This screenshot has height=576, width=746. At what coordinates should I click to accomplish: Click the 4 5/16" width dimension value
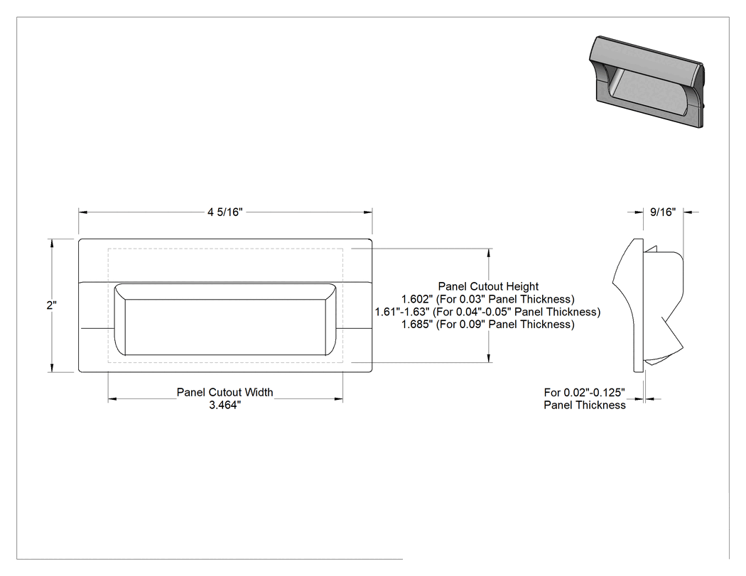[225, 212]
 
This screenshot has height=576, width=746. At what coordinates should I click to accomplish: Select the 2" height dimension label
[51, 305]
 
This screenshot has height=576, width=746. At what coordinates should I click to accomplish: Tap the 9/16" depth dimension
[663, 212]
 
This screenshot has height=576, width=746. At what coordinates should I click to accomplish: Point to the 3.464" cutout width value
[225, 406]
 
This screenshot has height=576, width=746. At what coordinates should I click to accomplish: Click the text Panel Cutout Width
[225, 392]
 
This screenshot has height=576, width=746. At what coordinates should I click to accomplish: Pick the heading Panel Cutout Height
[488, 286]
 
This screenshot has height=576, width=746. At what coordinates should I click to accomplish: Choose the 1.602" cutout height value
[417, 299]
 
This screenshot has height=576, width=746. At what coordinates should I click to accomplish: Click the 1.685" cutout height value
[417, 325]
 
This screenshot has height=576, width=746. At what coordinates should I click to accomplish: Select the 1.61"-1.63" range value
[402, 312]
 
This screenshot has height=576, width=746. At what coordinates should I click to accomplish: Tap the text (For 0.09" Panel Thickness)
[505, 325]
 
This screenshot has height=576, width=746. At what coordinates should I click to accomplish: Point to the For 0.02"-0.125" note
[584, 392]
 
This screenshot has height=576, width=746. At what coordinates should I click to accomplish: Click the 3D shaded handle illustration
[646, 82]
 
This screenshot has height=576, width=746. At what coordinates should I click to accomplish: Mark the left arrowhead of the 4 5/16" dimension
[83, 212]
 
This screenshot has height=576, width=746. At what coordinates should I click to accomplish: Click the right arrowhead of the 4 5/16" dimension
[368, 212]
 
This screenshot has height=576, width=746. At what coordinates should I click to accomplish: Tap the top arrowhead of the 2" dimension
[51, 243]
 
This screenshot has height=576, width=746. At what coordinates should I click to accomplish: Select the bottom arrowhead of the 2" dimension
[51, 368]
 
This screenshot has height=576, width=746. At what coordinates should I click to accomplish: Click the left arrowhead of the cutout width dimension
[112, 399]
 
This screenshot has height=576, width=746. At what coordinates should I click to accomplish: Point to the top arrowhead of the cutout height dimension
[489, 253]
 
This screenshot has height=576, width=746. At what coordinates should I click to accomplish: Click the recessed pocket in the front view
[225, 319]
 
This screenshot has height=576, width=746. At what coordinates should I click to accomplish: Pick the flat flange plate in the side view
[639, 305]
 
